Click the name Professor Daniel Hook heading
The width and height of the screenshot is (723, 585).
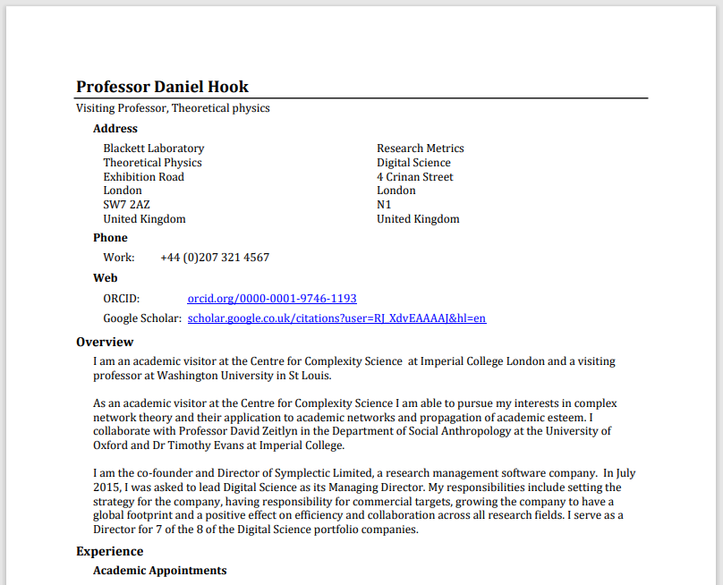(162, 87)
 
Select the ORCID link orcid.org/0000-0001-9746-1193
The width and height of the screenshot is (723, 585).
(272, 298)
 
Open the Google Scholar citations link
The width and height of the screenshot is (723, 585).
(336, 318)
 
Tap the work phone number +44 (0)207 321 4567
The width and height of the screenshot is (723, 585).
(215, 258)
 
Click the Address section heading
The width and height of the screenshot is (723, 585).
(115, 129)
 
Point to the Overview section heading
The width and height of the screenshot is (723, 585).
(105, 342)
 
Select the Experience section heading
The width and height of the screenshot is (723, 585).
(109, 551)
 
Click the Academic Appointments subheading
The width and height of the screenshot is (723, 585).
(159, 571)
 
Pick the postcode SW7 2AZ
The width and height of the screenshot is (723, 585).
(126, 205)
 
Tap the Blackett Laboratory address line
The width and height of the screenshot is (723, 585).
(153, 148)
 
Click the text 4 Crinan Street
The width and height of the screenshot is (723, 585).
(414, 177)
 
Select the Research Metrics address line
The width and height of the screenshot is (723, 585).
(420, 148)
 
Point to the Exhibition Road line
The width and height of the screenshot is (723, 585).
(143, 177)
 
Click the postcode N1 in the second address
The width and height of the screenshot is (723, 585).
(384, 205)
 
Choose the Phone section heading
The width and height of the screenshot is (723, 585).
(110, 238)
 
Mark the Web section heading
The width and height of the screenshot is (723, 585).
(106, 278)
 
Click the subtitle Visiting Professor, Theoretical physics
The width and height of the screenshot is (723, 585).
(173, 108)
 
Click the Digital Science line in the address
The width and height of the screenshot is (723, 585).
(413, 163)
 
